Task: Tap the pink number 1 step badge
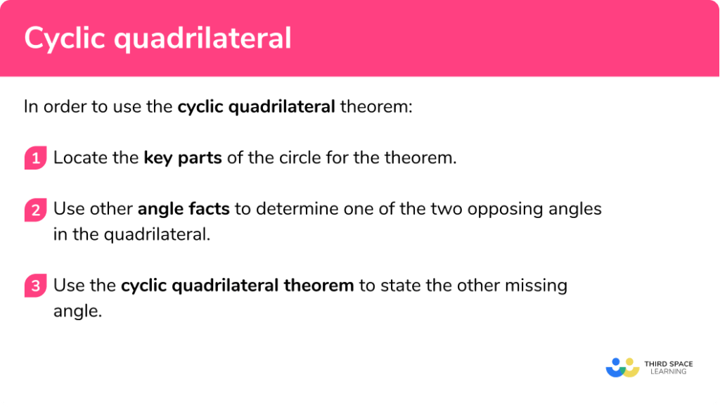pos(34,158)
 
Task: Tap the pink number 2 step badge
pos(34,210)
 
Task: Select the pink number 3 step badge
pos(34,286)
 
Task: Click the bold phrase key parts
pos(183,158)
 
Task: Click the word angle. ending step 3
pos(77,311)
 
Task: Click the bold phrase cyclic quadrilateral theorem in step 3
pos(237,286)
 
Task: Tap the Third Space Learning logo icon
pos(622,367)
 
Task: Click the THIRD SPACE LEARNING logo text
pos(668,367)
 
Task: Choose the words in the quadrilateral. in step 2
pos(131,234)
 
